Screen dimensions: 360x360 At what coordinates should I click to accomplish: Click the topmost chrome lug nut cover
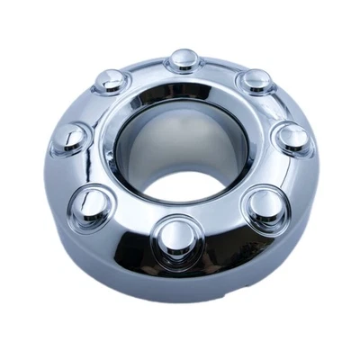click(180, 61)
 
